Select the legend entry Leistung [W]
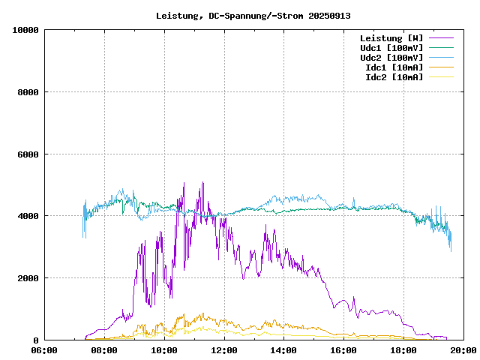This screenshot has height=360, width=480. (x=391, y=37)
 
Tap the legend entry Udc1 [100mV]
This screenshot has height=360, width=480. (x=391, y=47)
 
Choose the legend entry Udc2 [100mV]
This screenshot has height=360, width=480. (x=391, y=57)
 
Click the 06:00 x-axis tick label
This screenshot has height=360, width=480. (x=44, y=350)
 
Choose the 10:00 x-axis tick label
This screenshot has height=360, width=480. (x=164, y=350)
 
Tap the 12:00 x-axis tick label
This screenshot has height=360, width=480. (x=224, y=350)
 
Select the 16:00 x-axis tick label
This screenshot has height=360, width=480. (x=343, y=350)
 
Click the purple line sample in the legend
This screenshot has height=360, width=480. (x=442, y=37)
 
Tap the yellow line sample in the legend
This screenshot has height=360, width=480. (x=442, y=76)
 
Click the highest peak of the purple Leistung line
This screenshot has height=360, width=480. (x=202, y=182)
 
